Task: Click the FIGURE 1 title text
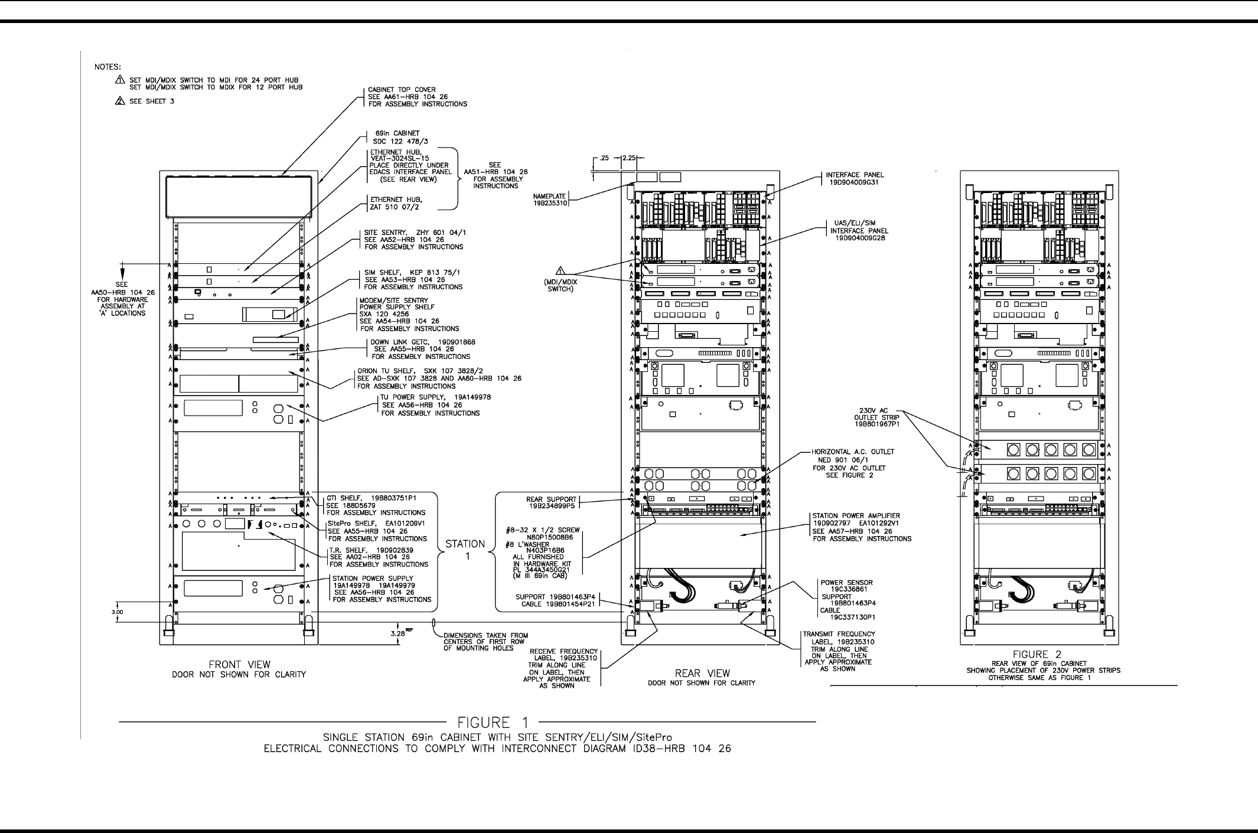[x=493, y=723]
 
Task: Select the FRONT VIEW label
[x=239, y=665]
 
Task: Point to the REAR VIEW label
[x=702, y=674]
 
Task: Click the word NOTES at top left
[x=107, y=67]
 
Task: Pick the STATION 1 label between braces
[x=465, y=550]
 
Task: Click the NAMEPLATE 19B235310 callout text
[x=550, y=200]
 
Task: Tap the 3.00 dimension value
[x=117, y=612]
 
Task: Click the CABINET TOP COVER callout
[x=418, y=97]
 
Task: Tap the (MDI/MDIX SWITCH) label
[x=560, y=286]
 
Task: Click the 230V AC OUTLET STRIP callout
[x=877, y=417]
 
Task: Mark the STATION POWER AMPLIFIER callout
[x=862, y=527]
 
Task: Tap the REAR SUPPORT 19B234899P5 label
[x=551, y=503]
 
